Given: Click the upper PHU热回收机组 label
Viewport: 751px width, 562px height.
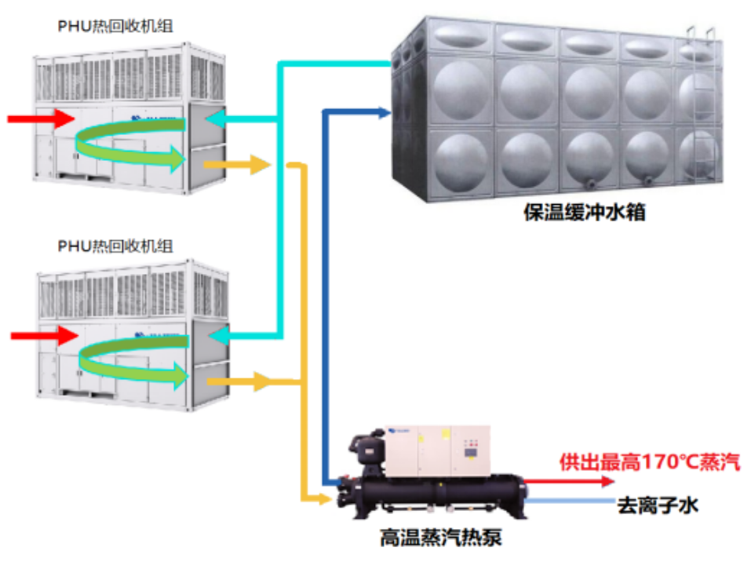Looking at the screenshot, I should pos(115,27).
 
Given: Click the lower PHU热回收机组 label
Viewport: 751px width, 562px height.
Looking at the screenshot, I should pos(115,246).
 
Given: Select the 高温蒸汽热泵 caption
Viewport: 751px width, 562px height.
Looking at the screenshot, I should pos(440,538).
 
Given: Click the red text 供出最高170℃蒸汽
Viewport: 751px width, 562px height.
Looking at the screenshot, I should pos(649,462).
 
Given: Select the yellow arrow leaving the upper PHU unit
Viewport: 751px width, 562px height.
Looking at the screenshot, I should pos(236,165).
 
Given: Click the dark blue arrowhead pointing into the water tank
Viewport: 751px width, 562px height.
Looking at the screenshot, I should pos(385,113).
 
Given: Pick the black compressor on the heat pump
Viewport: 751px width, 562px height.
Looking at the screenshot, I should pos(367,451).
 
